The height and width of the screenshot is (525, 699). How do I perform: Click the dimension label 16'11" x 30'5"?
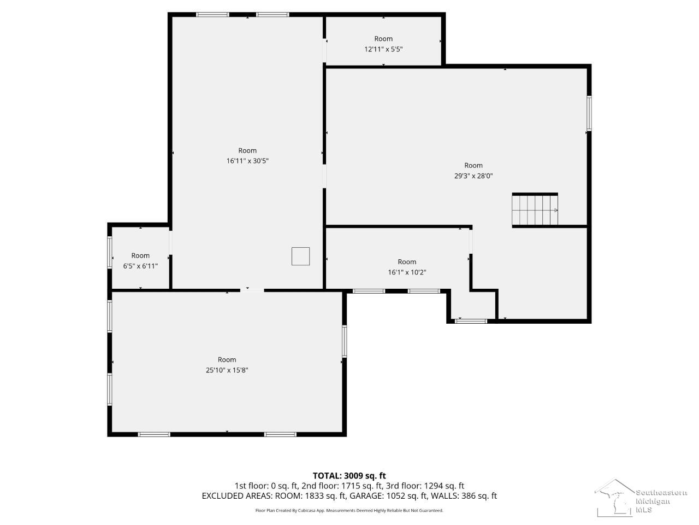(247, 161)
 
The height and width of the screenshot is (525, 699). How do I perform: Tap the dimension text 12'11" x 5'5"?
(383, 49)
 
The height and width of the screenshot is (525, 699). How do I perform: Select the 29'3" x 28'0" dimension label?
(473, 176)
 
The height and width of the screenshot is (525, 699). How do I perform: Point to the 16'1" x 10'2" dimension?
(407, 272)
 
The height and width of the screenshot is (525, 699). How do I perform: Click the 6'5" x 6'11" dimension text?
(140, 266)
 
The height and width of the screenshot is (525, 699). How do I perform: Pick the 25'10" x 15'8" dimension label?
(227, 370)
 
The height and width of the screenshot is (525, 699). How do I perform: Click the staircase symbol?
(535, 210)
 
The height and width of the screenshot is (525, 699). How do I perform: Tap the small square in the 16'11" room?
(300, 256)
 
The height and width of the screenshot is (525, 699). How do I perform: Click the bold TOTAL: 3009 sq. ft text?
(349, 476)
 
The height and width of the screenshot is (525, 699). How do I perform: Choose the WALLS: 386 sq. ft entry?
(464, 496)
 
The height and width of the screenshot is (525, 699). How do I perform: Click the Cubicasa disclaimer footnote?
(349, 511)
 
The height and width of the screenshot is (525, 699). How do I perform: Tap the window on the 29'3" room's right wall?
(589, 113)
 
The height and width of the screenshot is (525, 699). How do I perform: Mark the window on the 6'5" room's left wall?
(110, 252)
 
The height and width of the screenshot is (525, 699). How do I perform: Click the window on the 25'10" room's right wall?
(345, 341)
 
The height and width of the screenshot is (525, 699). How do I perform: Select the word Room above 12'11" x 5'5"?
(383, 39)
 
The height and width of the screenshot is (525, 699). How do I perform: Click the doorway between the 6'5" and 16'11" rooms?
(170, 243)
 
